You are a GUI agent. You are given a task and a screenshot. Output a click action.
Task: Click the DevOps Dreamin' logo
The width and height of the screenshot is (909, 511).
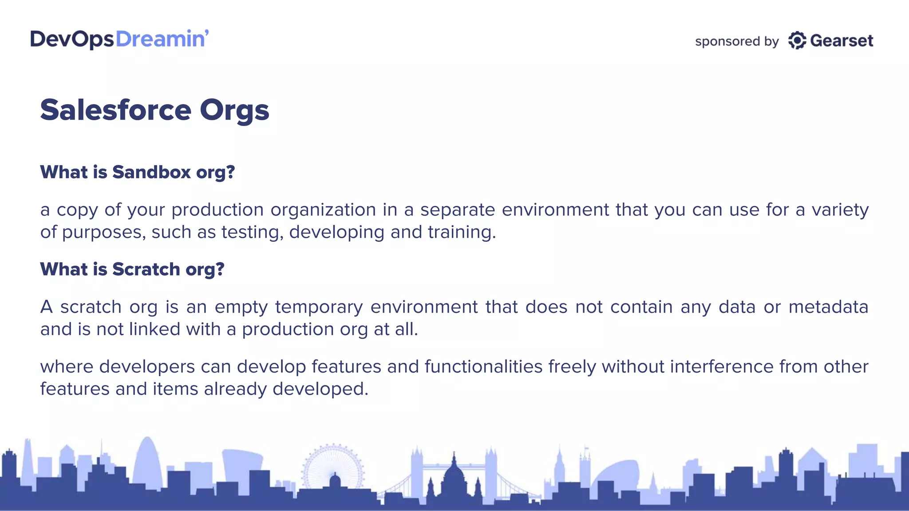coord(119,39)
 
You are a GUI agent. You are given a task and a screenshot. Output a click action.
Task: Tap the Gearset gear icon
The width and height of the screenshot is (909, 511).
coord(797,41)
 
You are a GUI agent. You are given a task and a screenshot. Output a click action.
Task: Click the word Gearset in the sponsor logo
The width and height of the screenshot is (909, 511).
coord(842,41)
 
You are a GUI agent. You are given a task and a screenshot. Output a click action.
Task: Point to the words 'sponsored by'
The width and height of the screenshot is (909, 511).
coord(737,42)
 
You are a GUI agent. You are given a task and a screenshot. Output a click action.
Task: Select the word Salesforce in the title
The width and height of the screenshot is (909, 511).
coord(115,110)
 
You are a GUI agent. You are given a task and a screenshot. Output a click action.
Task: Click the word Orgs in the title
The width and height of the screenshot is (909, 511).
coord(234,111)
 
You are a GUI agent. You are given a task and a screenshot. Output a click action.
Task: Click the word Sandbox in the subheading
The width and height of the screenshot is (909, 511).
coord(151,172)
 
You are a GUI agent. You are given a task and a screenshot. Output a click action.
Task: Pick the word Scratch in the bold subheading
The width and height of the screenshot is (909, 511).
coord(146,269)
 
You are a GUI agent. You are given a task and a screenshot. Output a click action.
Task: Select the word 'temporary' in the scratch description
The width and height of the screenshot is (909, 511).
coord(319,307)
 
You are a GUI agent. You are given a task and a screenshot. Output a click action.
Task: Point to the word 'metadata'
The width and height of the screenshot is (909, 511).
coord(828,307)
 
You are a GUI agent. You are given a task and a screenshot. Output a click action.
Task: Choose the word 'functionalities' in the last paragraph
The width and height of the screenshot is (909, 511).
coord(483,367)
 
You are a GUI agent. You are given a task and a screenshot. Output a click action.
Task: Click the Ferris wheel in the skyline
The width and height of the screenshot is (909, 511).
coord(333,466)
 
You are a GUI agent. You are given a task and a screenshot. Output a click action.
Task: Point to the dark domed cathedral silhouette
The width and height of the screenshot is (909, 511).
coord(454,481)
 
